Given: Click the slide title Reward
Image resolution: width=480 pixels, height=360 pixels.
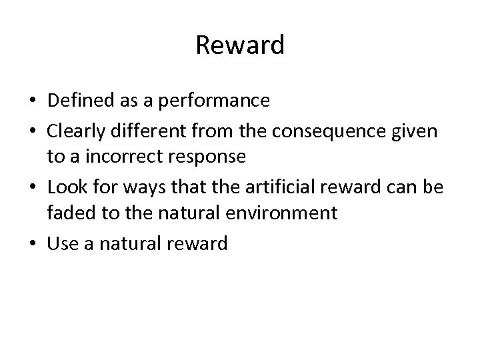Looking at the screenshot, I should (240, 45).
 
